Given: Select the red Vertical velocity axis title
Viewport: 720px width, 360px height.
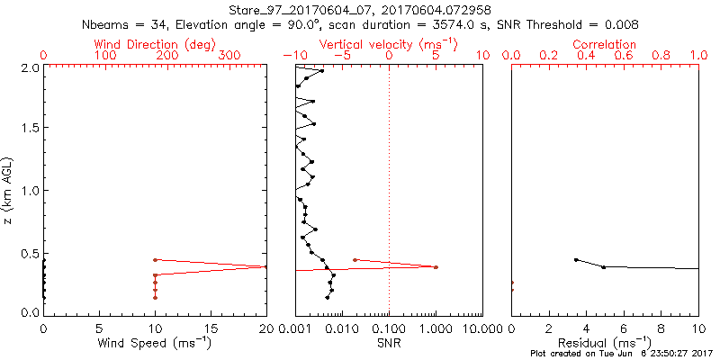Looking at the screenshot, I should [389, 44].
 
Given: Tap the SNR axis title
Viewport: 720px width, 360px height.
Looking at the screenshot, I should [389, 342].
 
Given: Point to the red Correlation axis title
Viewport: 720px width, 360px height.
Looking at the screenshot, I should [605, 44].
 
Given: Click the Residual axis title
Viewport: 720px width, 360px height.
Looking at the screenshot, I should [605, 342].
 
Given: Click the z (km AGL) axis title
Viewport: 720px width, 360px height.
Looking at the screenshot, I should [9, 190].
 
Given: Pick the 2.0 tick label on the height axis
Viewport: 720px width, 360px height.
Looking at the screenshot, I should [29, 67].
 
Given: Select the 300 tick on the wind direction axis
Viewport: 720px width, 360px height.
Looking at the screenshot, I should [226, 56].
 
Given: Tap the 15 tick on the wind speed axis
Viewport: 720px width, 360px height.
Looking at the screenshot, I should [211, 328].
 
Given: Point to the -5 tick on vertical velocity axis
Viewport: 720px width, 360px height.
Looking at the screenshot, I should [342, 56].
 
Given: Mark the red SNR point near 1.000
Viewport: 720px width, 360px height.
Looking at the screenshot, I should [436, 267].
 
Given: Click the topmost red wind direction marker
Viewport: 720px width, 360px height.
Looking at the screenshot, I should [155, 260].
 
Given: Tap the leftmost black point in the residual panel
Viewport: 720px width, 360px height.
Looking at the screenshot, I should [576, 260].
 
